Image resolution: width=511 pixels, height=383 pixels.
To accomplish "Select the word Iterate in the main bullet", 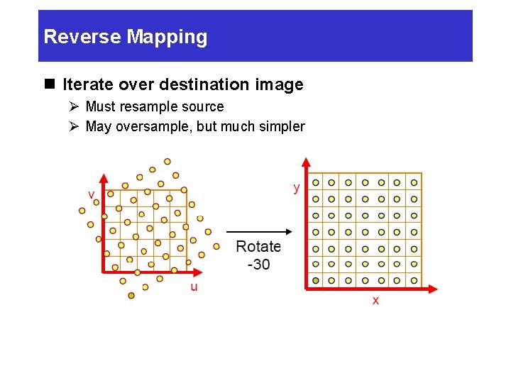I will point(87,85).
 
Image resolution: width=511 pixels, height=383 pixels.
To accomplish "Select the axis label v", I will point(92,194).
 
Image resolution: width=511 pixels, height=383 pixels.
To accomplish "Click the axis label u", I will point(194,287).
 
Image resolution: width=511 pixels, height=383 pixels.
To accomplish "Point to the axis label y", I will point(297,187).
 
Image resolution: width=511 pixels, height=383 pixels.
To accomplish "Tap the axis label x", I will point(375,301).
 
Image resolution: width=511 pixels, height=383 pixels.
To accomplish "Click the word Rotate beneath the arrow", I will point(258,247).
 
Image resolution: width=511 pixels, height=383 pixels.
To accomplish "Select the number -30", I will point(258,264).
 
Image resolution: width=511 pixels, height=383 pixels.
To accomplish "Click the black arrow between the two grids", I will point(258,231).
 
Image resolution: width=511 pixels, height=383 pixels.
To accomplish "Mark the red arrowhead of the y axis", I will point(306,162).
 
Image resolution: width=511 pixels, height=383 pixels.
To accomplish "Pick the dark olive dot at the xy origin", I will point(316,281).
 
